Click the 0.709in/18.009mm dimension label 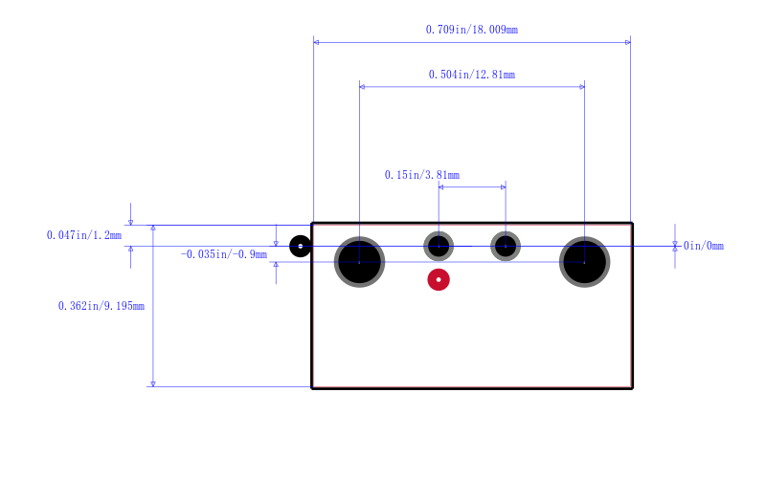pos(472,30)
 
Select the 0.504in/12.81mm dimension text pos(472,75)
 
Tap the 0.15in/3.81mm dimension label pos(422,175)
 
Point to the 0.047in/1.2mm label pos(84,235)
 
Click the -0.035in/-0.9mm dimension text pos(224,254)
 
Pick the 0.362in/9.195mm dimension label pos(101,306)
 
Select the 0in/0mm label pos(704,246)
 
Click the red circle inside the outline pos(439,279)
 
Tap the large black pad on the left pos(360,262)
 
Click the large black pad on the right pos(585,262)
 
